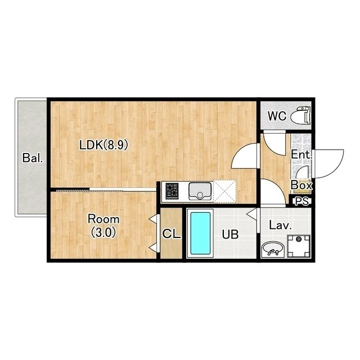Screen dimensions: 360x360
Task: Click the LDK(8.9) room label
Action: tap(103, 145)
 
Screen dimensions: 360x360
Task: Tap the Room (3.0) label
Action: tap(103, 226)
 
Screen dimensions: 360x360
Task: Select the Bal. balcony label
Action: tap(33, 158)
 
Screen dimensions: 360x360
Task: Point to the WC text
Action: tap(277, 116)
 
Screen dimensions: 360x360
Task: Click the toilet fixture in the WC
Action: tap(301, 116)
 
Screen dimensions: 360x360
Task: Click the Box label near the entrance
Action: tap(301, 185)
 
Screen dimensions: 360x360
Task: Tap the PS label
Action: tap(302, 201)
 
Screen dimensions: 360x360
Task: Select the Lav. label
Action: tap(280, 225)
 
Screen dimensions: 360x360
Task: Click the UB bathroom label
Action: tap(230, 235)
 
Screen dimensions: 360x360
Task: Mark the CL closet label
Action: tap(171, 234)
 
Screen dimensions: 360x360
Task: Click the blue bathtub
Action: tap(200, 233)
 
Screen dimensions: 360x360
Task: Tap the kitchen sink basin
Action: tap(200, 191)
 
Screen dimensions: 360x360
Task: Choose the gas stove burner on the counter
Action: tap(172, 191)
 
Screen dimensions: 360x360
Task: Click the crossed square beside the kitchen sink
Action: tap(225, 191)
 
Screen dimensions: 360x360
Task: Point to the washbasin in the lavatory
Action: tap(272, 249)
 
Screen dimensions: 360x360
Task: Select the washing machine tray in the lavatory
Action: tap(299, 246)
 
